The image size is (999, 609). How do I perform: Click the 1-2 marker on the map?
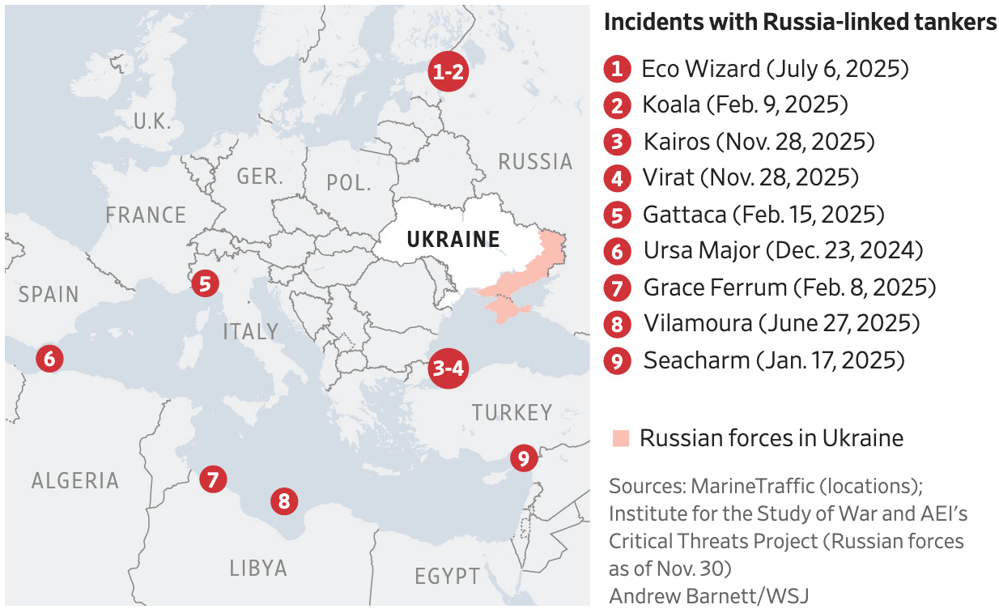448,73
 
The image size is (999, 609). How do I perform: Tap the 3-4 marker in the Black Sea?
448,368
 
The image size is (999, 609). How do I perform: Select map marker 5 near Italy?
205,283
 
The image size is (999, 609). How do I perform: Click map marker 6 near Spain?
49,357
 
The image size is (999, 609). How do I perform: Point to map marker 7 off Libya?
212,479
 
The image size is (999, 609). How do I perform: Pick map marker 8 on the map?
283,500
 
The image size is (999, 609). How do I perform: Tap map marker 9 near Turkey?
523,459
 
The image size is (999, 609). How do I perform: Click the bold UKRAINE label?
453,240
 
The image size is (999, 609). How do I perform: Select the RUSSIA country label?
535,162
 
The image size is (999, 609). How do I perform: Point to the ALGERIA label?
75,481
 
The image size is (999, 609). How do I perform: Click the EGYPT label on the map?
447,577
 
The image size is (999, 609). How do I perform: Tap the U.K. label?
152,122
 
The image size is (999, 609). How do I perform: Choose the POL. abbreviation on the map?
348,182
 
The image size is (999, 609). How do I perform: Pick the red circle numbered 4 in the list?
617,178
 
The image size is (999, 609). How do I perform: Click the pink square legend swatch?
621,439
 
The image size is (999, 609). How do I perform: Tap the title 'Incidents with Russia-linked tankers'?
800,23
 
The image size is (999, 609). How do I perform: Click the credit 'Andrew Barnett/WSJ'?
708,595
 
